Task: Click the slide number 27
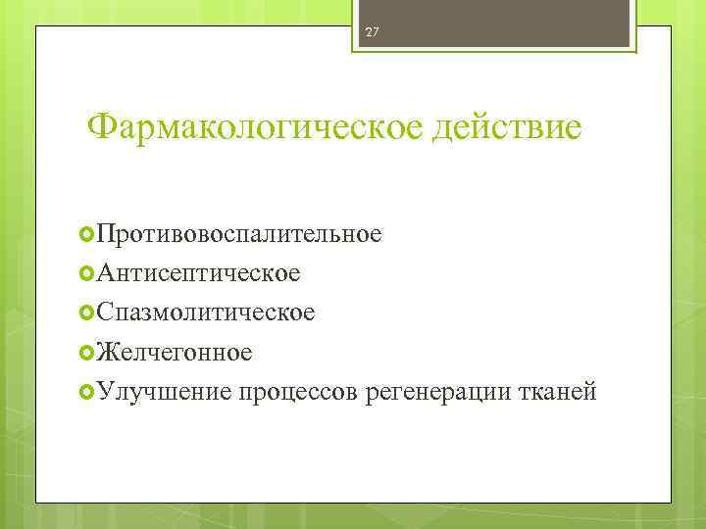[x=372, y=32]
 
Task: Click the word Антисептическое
[x=198, y=273]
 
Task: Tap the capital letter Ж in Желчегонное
[x=105, y=352]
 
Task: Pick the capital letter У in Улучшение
[x=103, y=391]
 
